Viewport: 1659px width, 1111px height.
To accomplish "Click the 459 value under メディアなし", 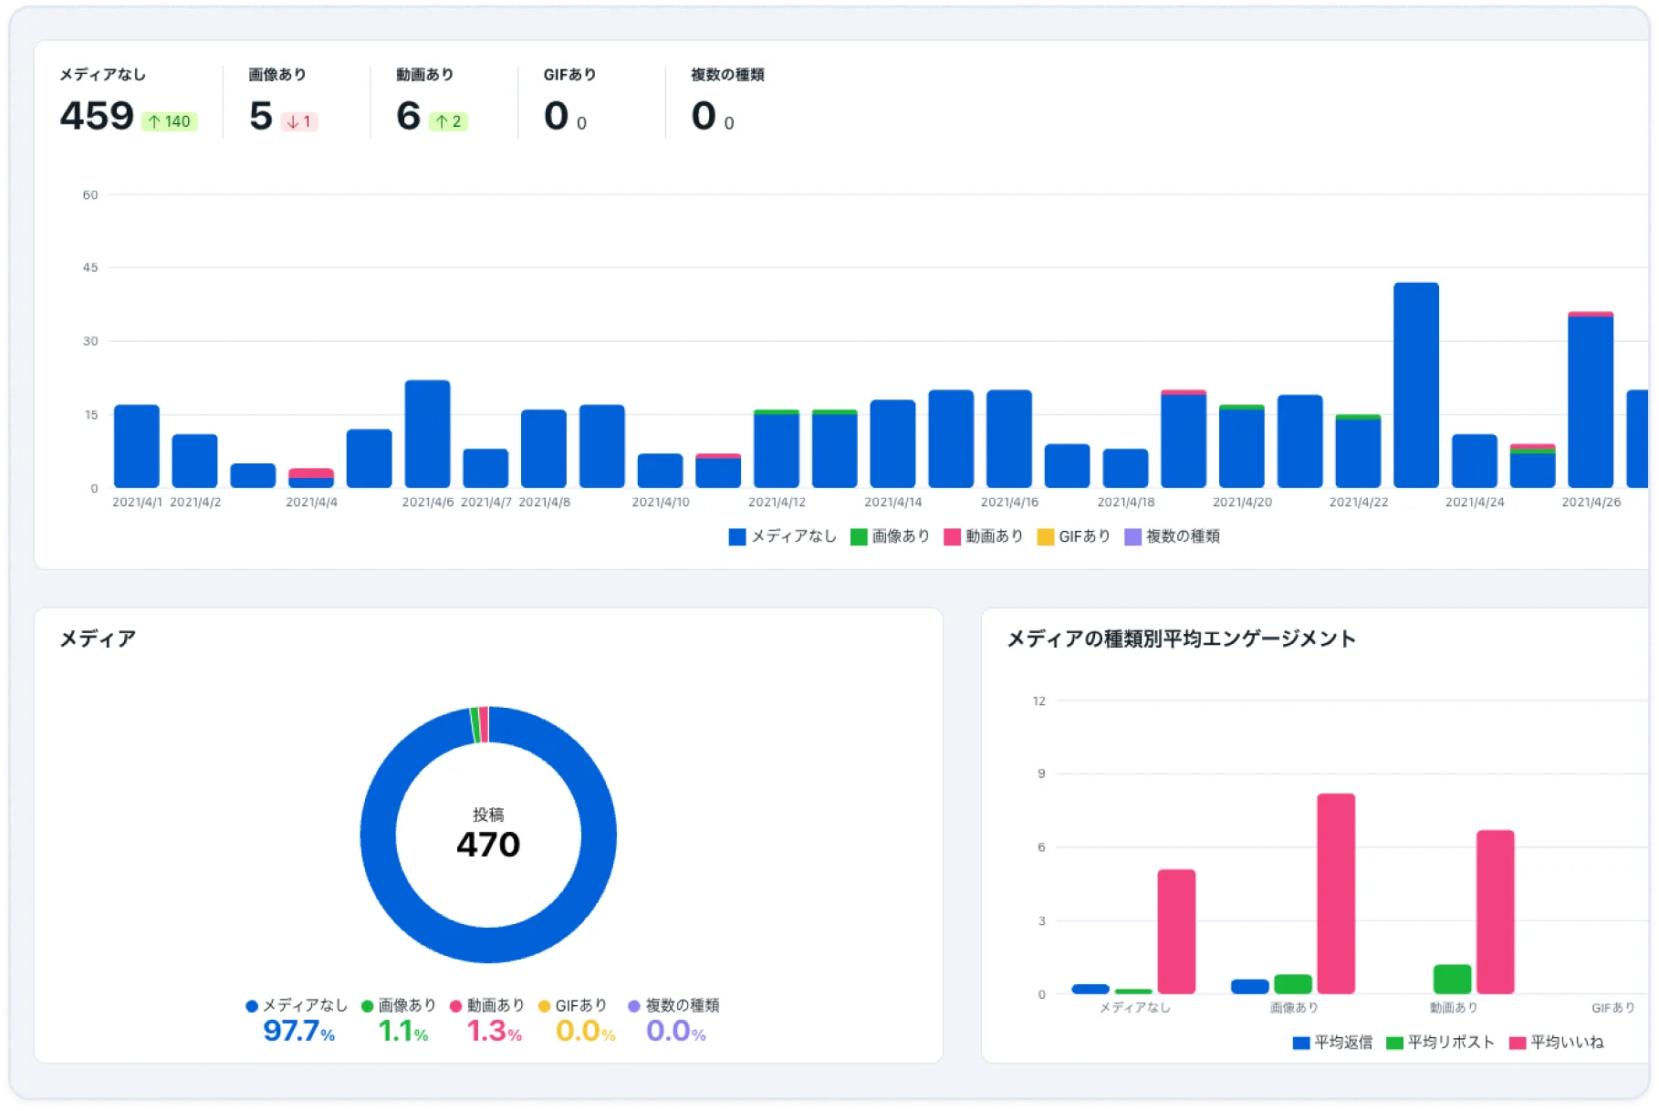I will point(97,117).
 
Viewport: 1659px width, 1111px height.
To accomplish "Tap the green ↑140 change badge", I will point(170,121).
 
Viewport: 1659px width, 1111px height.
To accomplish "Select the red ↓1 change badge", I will point(299,121).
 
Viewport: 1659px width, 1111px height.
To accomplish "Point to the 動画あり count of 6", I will point(408,117).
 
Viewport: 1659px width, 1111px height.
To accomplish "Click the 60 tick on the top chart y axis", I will point(90,195).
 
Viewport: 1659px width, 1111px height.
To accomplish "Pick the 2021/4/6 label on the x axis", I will point(428,503).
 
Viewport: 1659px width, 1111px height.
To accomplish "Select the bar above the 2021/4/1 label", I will point(137,446).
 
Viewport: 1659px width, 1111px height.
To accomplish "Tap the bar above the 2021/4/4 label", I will point(311,478).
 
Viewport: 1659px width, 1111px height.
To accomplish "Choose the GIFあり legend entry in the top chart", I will point(1074,536).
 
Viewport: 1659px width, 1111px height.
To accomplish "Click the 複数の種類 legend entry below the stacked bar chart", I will point(1173,536).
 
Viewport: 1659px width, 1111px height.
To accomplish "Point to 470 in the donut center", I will point(488,845).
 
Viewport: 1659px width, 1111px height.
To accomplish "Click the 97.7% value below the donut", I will point(298,1032).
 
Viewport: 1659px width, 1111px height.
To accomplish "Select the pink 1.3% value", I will point(494,1032).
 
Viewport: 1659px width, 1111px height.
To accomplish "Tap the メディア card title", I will point(98,639).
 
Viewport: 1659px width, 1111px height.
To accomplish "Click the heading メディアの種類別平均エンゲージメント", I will point(1181,639).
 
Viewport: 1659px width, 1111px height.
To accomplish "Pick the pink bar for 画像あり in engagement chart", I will point(1335,893).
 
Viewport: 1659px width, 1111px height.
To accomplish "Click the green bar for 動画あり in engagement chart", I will point(1452,979).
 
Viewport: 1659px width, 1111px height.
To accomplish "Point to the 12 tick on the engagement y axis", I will point(1039,701).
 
